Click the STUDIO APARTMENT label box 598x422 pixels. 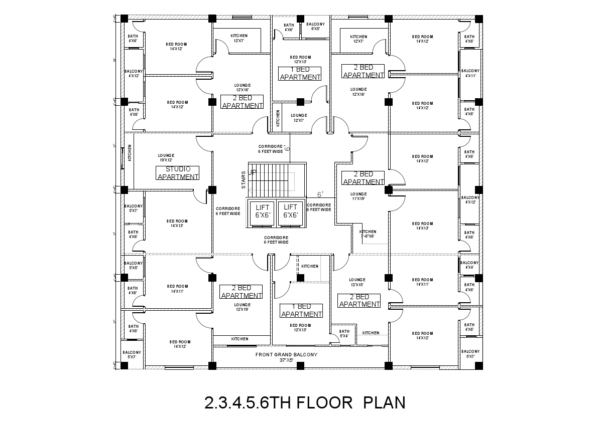178,173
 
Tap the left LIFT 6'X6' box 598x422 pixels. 263,211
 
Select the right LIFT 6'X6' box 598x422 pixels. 290,211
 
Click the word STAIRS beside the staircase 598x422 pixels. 244,180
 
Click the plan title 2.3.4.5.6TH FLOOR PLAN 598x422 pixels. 304,402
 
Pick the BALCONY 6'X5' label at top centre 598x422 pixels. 315,27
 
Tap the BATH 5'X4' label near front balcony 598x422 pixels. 344,333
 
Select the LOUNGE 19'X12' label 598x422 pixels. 166,157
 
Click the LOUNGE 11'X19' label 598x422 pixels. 358,196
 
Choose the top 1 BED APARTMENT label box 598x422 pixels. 300,73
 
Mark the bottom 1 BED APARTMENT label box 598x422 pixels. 301,310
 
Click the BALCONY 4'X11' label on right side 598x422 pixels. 470,73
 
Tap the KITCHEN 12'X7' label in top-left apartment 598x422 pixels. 239,38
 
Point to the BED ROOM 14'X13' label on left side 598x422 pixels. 177,223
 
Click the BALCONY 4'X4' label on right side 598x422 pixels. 469,265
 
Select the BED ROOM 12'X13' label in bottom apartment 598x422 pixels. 300,327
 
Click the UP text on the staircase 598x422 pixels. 253,172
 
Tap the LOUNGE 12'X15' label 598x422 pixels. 357,282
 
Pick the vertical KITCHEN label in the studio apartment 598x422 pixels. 130,153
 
